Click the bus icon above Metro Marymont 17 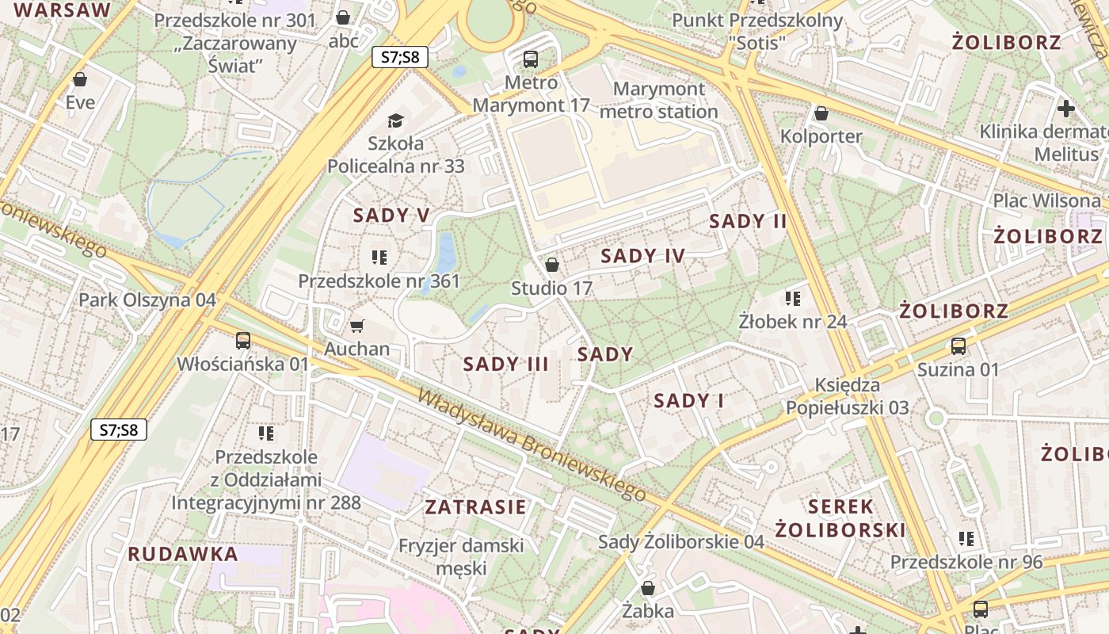coord(531,59)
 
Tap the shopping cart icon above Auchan coord(356,326)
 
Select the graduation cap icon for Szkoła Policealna coord(395,120)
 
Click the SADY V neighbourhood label coord(391,216)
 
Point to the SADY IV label coord(642,256)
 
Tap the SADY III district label coord(506,365)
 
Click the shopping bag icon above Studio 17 coord(552,265)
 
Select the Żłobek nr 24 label coord(793,322)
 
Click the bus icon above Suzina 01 coord(958,346)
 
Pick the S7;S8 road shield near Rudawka coord(119,430)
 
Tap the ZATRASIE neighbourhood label coord(475,507)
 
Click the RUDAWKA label coord(183,555)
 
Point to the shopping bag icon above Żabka coord(648,588)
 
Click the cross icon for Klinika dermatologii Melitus coord(1066,108)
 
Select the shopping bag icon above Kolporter coord(821,113)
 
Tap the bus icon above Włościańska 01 coord(242,341)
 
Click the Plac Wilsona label coord(1047,201)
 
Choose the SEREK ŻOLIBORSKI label coord(840,518)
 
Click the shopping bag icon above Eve coord(79,79)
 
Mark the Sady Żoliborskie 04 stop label coord(681,542)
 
